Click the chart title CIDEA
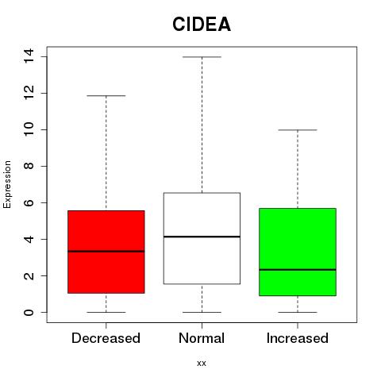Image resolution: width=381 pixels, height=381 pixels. click(202, 25)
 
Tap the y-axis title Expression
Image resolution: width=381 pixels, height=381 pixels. click(7, 184)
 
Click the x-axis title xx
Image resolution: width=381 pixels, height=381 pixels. click(202, 363)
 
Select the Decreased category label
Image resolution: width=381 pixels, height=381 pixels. click(106, 338)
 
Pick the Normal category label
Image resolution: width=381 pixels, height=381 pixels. click(202, 338)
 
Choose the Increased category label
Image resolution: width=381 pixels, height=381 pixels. click(298, 338)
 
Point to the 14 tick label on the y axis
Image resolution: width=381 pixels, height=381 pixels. click(29, 56)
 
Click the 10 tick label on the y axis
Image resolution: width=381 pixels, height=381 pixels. click(29, 129)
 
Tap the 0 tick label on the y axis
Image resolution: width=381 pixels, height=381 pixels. click(29, 312)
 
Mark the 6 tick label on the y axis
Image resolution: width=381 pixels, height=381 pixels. click(29, 202)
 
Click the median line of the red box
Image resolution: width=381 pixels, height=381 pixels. click(106, 252)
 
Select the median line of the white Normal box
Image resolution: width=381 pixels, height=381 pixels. click(202, 237)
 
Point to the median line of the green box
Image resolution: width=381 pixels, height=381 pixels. click(298, 270)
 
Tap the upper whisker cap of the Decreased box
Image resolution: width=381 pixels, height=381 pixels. click(106, 96)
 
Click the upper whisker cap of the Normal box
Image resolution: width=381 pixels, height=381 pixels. click(202, 57)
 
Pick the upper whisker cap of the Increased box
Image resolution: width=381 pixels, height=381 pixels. click(298, 130)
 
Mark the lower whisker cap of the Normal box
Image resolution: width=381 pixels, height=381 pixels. click(202, 312)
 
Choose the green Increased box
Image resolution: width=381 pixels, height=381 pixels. click(298, 238)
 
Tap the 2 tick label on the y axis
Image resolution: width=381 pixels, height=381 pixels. click(29, 275)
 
